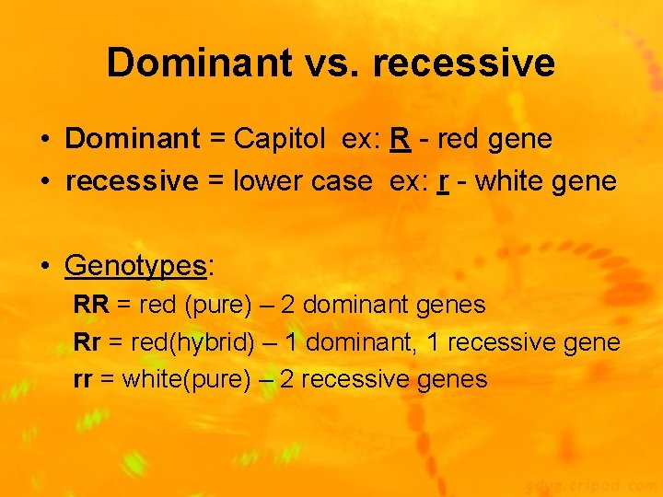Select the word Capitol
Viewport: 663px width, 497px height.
tap(279, 139)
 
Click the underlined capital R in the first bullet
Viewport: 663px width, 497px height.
tap(400, 139)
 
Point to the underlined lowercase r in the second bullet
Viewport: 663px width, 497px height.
tap(443, 181)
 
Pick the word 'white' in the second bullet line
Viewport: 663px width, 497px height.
tap(509, 181)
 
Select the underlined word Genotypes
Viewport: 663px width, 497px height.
tap(135, 266)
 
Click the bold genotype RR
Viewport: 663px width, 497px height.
tap(91, 305)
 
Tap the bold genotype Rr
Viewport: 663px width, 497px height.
tap(87, 342)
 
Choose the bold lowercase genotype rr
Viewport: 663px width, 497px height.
tap(82, 379)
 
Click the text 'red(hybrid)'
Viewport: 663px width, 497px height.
tap(192, 342)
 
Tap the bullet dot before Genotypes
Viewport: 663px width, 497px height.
tap(44, 267)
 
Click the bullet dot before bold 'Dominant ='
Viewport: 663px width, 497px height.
tap(44, 140)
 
